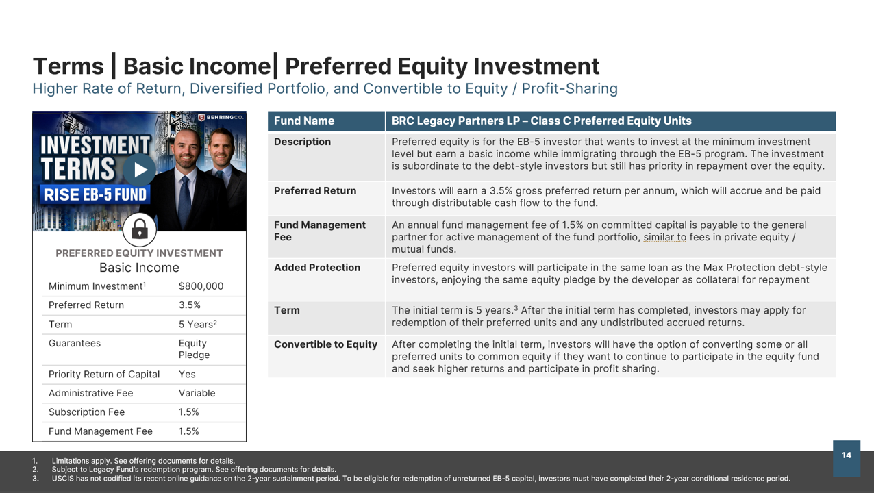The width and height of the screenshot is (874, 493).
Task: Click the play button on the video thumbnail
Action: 139,170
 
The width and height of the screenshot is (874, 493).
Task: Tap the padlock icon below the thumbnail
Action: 139,229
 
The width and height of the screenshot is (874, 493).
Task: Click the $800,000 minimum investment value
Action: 201,286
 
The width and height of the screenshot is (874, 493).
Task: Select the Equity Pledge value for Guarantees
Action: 194,349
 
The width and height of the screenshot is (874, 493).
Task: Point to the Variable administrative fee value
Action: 197,393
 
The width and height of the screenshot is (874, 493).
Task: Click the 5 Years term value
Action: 197,324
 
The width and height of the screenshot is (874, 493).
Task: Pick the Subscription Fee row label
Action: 86,412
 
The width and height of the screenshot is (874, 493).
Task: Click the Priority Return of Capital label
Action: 104,375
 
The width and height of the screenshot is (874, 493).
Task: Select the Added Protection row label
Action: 317,268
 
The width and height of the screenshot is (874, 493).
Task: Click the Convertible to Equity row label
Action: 325,344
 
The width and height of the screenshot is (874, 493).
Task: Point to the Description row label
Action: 302,142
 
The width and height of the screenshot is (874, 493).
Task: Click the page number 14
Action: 847,455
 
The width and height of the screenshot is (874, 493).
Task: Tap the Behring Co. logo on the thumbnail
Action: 221,117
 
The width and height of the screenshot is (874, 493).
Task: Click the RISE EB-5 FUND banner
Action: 95,194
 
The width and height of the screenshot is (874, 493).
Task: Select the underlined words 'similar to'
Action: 665,237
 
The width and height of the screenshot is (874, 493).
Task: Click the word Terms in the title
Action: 68,66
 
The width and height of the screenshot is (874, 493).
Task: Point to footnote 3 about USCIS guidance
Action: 411,479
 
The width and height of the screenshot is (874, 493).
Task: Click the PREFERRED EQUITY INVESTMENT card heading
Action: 139,253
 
